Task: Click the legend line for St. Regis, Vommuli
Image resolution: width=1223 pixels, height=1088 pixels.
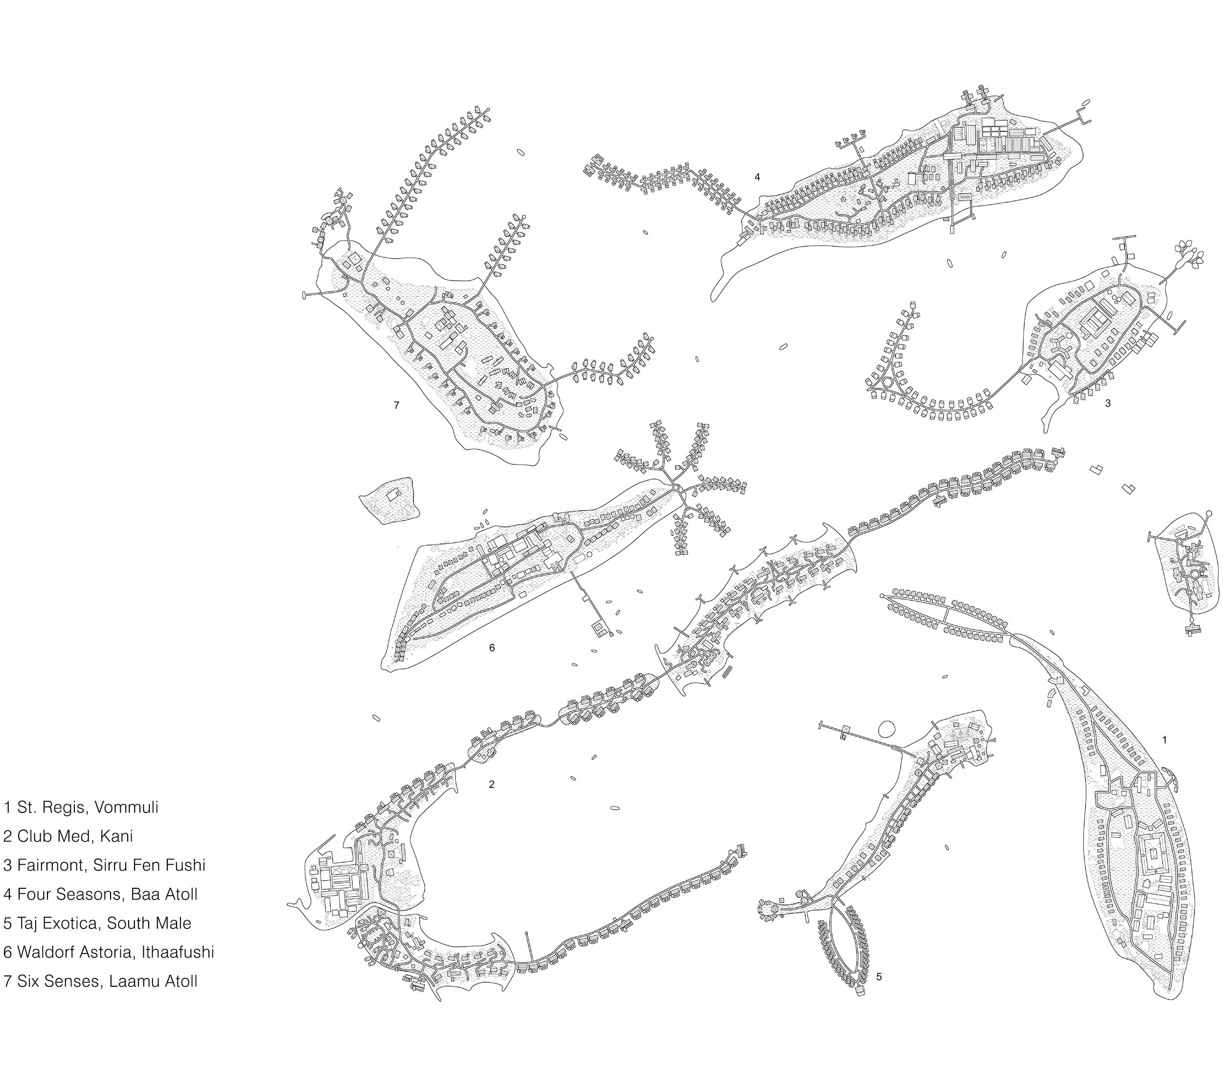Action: pos(81,808)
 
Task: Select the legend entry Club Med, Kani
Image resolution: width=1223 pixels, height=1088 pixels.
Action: pos(68,836)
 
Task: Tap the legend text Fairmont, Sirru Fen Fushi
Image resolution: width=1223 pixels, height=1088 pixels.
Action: pos(104,865)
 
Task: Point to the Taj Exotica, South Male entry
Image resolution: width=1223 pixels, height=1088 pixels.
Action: pos(97,923)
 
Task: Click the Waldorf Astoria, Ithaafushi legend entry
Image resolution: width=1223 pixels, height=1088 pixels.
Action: pos(108,951)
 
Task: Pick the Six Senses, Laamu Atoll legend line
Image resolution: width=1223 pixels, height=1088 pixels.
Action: pos(100,981)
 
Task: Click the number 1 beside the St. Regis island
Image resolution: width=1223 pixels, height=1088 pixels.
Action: pos(1164,740)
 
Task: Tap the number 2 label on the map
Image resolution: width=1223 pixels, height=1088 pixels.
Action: pos(492,785)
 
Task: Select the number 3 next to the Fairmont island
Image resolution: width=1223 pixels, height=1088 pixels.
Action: pos(1108,403)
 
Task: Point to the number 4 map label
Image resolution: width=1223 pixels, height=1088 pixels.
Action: pos(757,177)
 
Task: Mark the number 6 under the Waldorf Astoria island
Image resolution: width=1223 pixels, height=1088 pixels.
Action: pos(492,648)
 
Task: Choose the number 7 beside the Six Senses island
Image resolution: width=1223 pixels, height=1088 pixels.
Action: pos(396,405)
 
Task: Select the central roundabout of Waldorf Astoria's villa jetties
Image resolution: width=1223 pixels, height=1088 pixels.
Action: pos(676,489)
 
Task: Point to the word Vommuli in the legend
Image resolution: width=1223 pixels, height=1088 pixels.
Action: pos(126,808)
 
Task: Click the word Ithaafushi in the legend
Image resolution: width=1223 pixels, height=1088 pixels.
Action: pos(178,951)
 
